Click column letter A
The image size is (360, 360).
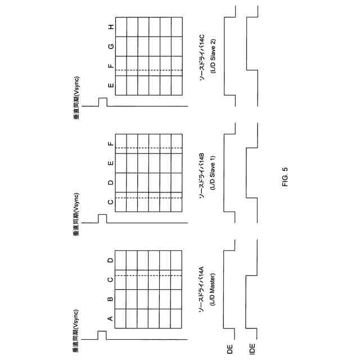tap(110, 318)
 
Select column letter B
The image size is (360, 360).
tap(110, 299)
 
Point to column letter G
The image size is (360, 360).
tap(110, 46)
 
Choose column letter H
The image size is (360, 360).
tap(110, 26)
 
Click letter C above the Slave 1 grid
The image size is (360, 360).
tap(110, 201)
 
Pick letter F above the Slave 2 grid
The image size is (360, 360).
tap(110, 66)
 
